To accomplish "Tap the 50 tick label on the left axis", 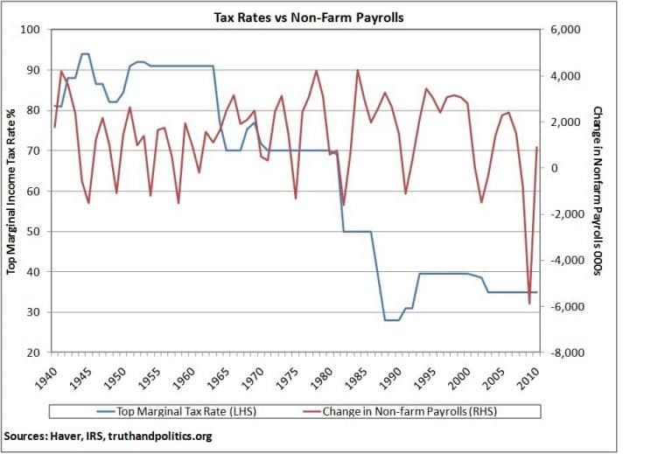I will click(38, 232).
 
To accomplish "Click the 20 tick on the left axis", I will click(38, 353).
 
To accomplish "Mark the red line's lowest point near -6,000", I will click(529, 304).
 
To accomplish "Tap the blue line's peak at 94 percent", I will click(85, 54).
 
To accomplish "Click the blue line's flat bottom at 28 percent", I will click(392, 320).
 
